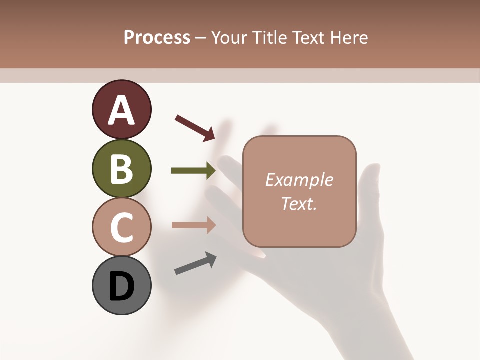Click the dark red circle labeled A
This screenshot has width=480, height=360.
[x=122, y=109]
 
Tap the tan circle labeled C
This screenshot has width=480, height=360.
[x=122, y=227]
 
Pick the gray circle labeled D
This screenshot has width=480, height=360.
[x=122, y=285]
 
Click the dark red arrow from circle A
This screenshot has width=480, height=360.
[x=195, y=127]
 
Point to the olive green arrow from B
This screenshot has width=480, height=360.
[x=193, y=171]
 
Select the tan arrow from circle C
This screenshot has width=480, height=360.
[x=193, y=225]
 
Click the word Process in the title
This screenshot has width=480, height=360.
[x=157, y=37]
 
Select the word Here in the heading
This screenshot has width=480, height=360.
[x=349, y=38]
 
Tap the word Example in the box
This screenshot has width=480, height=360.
[x=299, y=180]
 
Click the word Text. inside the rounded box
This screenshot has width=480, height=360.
[x=299, y=203]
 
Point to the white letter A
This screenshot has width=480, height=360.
[x=122, y=110]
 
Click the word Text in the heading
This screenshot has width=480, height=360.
[x=309, y=38]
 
